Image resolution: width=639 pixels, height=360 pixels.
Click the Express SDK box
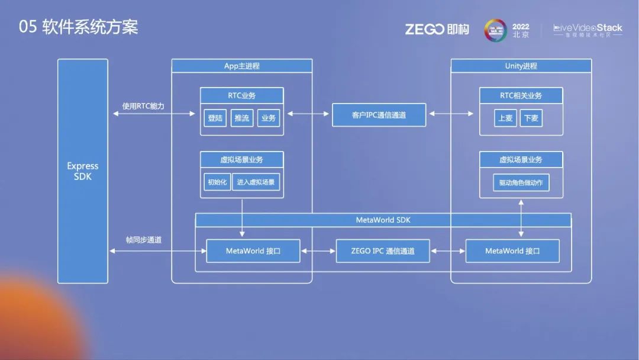[83, 171]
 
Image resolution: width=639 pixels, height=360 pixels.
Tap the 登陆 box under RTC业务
[215, 118]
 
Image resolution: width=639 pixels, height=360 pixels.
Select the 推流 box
[241, 118]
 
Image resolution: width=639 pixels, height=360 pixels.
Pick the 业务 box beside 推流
[268, 118]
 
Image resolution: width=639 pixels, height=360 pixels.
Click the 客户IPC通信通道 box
[379, 115]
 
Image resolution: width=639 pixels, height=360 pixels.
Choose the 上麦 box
[505, 118]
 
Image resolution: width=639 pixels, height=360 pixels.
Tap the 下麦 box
[531, 118]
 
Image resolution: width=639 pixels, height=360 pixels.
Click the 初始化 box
[217, 182]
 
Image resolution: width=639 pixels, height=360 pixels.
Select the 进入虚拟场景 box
[256, 182]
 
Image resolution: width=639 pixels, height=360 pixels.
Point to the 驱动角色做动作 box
[521, 182]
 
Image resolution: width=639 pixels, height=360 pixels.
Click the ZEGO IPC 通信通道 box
[383, 251]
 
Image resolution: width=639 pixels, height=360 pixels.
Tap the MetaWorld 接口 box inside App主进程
[253, 251]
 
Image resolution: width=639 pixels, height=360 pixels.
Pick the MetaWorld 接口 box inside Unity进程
[512, 251]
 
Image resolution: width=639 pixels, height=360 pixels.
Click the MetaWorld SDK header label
[383, 220]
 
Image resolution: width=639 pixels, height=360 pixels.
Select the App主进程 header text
[241, 66]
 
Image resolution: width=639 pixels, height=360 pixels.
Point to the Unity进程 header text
[521, 66]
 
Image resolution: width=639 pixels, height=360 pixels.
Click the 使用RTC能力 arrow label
[143, 106]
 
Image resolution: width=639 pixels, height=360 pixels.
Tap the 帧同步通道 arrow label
[143, 240]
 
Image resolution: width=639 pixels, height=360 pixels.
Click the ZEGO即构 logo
[437, 29]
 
